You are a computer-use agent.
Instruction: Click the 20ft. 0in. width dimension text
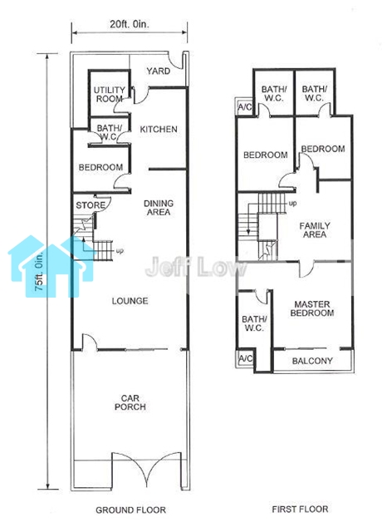130,24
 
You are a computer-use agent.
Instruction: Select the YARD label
159,71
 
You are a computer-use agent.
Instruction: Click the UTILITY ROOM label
109,94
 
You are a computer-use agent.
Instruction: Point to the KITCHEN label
159,130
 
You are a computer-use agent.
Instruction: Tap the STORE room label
91,205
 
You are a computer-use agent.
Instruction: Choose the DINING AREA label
159,208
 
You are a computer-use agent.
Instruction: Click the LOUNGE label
130,301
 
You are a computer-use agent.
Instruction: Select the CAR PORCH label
130,402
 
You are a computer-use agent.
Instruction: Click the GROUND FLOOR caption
131,510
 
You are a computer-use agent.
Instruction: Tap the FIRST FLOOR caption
300,509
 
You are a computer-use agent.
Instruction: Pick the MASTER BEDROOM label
312,308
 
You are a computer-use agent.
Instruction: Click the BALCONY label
312,361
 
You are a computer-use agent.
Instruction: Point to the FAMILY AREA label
315,230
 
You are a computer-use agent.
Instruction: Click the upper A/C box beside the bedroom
244,107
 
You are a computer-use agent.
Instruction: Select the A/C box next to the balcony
245,358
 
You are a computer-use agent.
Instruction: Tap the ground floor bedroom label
100,167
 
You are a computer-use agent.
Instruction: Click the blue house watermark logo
51,266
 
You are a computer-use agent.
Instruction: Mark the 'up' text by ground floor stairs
120,251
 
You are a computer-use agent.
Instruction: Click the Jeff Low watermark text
196,267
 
